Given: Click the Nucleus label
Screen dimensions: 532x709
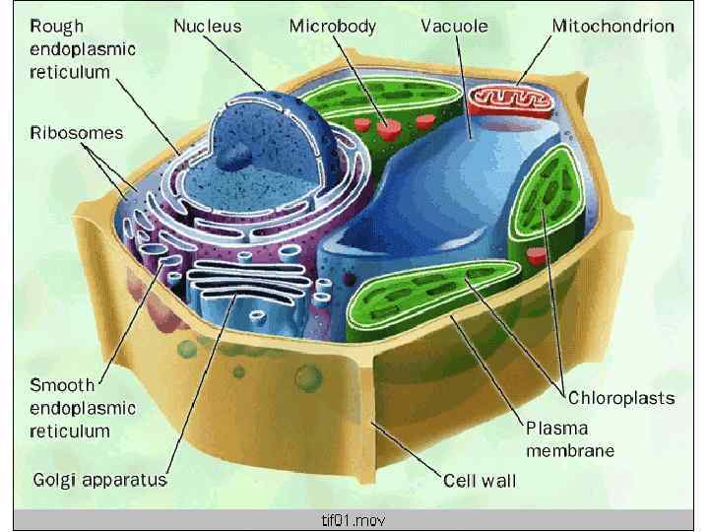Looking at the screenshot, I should pos(207,27).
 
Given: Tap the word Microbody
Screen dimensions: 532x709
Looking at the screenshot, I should pos(332,27).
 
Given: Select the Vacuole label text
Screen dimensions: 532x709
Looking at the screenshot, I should pos(454,27).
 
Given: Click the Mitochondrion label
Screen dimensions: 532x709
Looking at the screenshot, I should pos(612,27).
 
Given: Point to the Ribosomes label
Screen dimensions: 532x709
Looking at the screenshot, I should pos(77,132).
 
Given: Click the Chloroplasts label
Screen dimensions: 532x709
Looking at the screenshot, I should pos(621,398).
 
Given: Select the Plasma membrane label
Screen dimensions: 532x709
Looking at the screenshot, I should pos(570,439).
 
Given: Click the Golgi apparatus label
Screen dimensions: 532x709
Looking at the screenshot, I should pos(99,481).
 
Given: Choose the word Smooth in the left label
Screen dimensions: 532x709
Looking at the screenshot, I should pos(62,385).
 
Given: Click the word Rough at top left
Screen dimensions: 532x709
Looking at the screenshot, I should pos(57,27).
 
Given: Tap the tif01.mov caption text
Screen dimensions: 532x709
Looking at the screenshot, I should pos(354,519).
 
